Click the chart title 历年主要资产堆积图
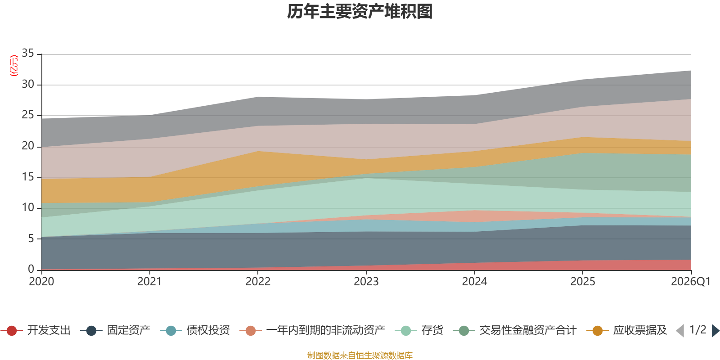(360, 12)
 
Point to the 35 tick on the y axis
(28, 54)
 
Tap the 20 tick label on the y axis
(28, 146)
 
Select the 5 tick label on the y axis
(31, 239)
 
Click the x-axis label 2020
(41, 282)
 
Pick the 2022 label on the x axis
(258, 282)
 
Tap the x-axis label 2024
(474, 282)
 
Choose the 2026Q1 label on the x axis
(691, 282)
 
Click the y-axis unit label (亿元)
(14, 66)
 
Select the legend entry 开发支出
(36, 330)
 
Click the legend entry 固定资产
(115, 330)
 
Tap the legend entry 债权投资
(195, 330)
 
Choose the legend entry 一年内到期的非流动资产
(312, 330)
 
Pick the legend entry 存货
(419, 330)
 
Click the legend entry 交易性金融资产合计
(515, 330)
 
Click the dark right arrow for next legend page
(715, 331)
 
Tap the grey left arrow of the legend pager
(680, 331)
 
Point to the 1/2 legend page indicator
(698, 330)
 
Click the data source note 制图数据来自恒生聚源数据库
(360, 355)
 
